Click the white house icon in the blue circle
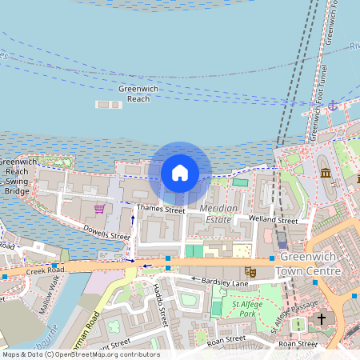point(180,172)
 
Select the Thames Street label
point(161,210)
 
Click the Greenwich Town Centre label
point(308,266)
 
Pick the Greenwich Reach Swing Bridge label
point(18,176)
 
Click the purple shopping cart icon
point(99,209)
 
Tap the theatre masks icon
point(250,272)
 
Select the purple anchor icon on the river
point(333,105)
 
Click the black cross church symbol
point(322,318)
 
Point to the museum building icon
point(326,173)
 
